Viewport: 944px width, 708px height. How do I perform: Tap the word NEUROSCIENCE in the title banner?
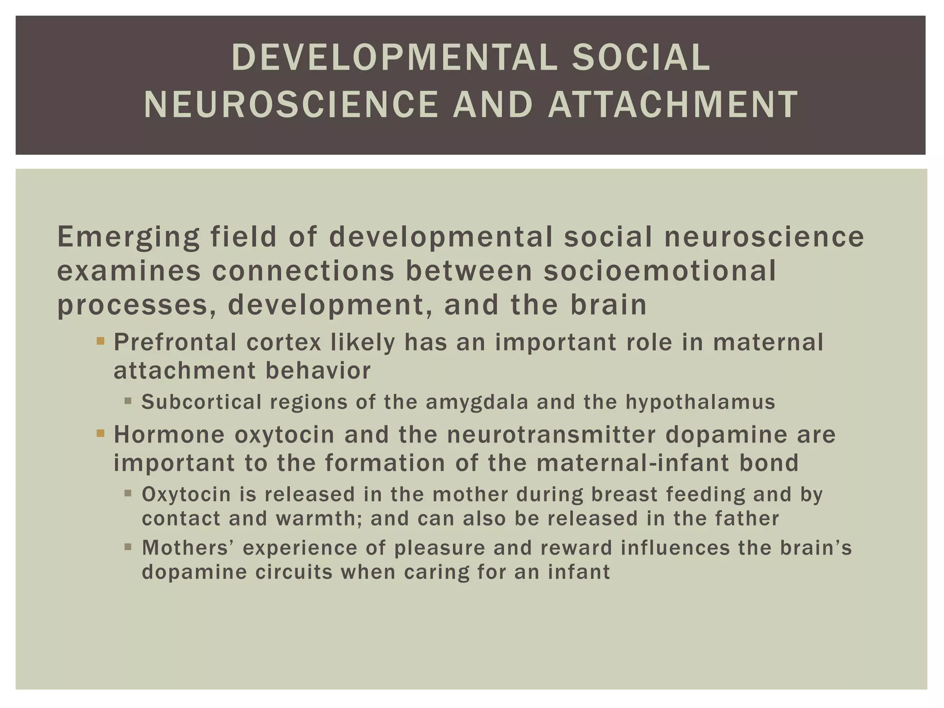click(x=290, y=104)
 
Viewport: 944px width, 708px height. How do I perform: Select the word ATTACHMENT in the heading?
click(x=673, y=104)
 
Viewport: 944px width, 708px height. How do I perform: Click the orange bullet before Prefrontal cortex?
click(x=100, y=342)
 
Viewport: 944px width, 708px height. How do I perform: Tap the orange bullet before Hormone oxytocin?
click(x=100, y=434)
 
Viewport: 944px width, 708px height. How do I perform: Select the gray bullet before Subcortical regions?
click(x=128, y=401)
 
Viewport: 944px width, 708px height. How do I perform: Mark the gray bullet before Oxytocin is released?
click(x=128, y=494)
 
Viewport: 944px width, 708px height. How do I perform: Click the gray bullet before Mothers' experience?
click(x=128, y=547)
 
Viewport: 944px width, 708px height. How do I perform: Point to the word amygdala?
click(x=477, y=402)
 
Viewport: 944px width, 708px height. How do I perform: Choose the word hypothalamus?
click(x=700, y=402)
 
